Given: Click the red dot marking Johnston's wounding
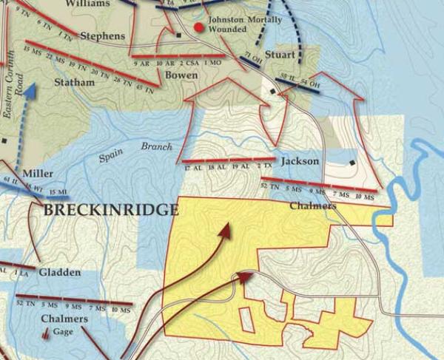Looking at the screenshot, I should (198, 28).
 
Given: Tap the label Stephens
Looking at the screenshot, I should (101, 35).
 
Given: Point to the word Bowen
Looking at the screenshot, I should (181, 75).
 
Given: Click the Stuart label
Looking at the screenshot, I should (280, 55).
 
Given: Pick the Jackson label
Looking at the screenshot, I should (300, 161).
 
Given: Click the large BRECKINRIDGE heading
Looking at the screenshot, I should (111, 209).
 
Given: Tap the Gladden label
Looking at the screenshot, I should (59, 273).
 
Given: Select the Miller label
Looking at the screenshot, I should (38, 174).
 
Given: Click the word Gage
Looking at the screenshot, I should (64, 333).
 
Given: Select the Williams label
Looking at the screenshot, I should (87, 4).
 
